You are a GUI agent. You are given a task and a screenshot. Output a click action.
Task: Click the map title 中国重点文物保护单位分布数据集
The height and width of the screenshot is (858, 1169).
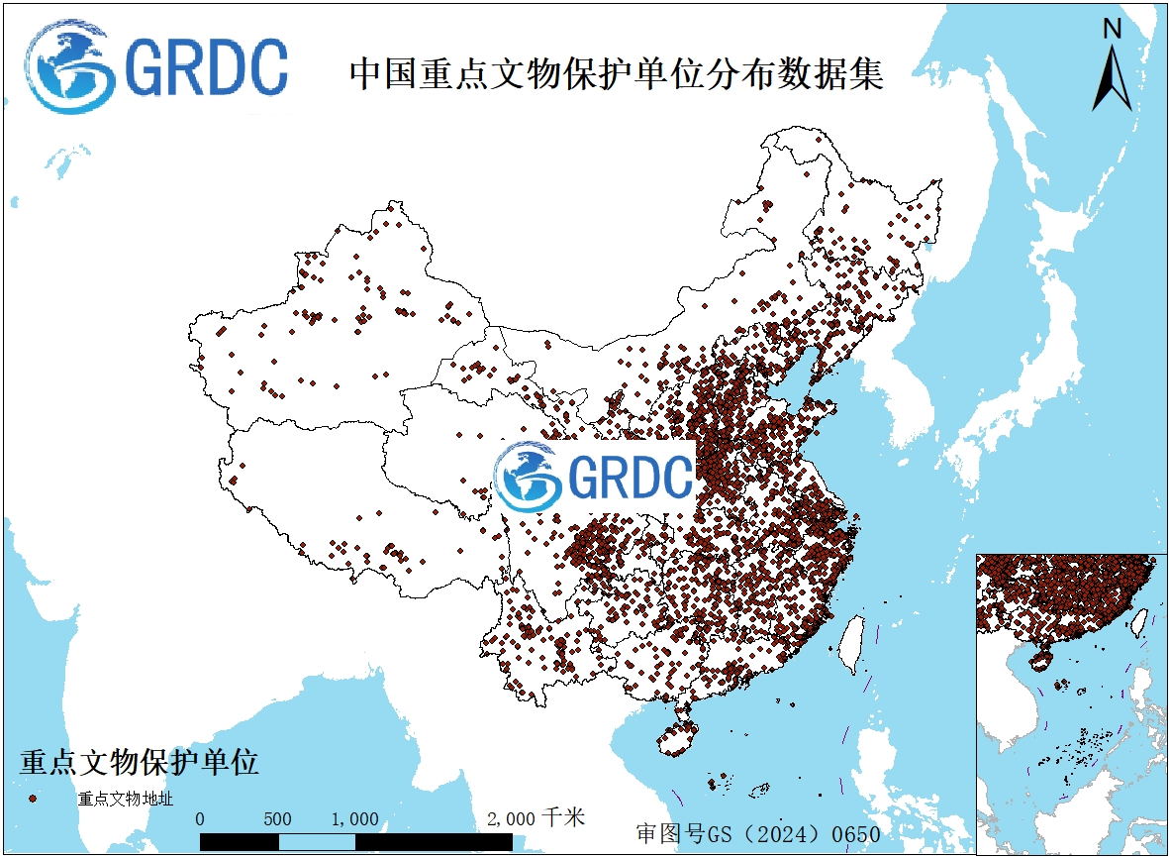[616, 74]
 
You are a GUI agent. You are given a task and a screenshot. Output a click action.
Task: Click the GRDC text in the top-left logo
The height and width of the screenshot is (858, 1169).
[207, 68]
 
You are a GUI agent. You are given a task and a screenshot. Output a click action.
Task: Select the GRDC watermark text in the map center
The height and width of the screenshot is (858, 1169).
[631, 478]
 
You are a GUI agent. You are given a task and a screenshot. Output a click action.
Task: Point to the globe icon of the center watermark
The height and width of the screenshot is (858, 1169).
[528, 477]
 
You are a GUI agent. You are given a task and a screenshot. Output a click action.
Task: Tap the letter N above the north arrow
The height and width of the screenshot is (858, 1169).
[1113, 29]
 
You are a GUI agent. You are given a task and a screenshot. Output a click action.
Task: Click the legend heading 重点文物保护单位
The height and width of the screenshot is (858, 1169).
[139, 762]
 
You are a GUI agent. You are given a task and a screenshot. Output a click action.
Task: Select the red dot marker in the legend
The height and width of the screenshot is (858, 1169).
[33, 798]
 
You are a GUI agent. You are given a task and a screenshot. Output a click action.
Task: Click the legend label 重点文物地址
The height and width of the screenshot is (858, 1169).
[125, 799]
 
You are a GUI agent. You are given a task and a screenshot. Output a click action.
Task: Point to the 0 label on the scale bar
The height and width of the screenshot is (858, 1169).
[201, 819]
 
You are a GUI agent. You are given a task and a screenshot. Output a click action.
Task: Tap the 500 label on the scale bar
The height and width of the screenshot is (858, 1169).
[277, 819]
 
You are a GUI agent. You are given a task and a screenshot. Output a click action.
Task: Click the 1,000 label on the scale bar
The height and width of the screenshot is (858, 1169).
[354, 819]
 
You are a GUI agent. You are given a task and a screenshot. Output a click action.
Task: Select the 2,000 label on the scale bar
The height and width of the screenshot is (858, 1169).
[512, 819]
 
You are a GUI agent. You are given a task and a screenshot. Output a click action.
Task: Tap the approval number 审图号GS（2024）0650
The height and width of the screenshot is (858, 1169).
[758, 833]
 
